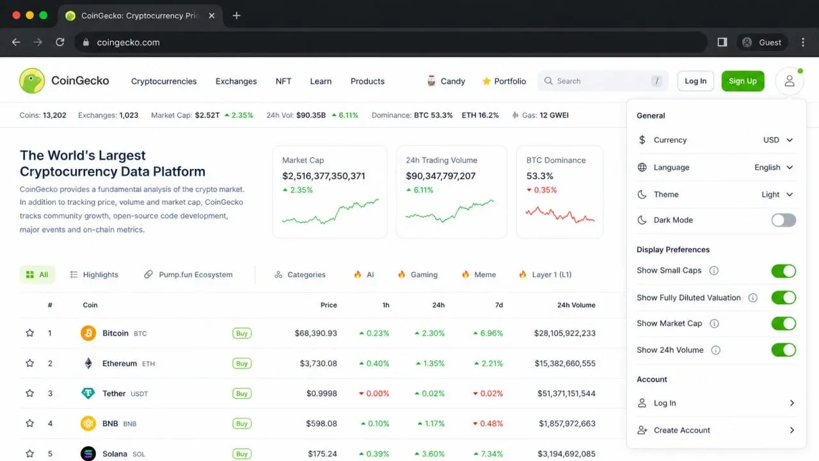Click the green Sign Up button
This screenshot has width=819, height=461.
[743, 81]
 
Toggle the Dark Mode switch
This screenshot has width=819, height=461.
[784, 220]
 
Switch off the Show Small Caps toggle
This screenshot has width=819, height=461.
[784, 271]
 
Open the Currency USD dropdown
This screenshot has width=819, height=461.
[777, 140]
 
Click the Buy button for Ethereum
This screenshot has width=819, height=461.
[242, 363]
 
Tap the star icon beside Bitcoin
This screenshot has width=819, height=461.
[29, 333]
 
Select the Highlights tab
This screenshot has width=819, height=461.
[94, 275]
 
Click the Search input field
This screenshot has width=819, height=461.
[603, 81]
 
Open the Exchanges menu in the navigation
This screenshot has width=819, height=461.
[236, 81]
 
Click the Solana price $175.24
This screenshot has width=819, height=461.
[322, 454]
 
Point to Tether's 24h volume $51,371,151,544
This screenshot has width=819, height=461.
[566, 393]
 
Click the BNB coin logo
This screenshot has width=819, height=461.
[88, 423]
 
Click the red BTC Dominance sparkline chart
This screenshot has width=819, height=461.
[560, 214]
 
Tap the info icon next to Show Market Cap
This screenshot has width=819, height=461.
[714, 323]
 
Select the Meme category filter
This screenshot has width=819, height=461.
[479, 275]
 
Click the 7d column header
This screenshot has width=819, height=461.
[498, 305]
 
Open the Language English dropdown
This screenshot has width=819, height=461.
[774, 167]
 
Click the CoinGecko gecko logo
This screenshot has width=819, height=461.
[32, 81]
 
